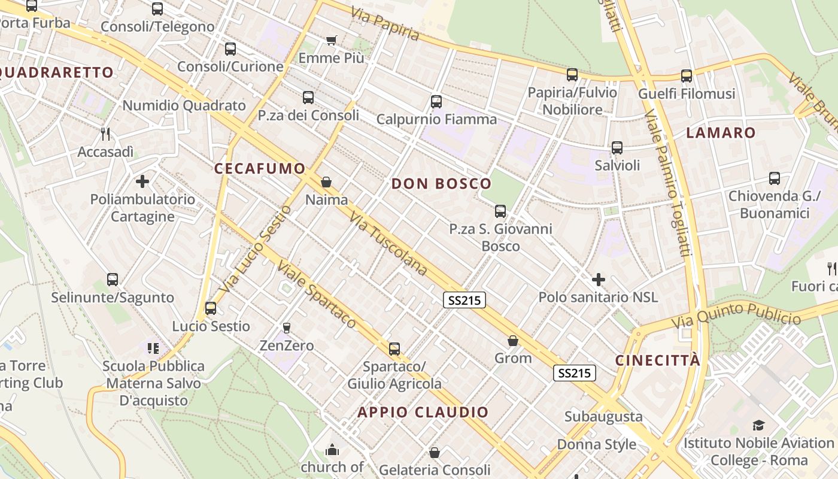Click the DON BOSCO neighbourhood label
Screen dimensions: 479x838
tap(441, 184)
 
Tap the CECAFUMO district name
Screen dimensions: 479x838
tap(260, 169)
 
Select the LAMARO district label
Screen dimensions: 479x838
tap(721, 133)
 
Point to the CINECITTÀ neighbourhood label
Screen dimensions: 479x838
tap(657, 360)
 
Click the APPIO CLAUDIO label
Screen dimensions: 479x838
tap(423, 412)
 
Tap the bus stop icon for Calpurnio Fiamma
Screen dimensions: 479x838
tap(436, 102)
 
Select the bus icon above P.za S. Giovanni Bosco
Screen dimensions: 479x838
tap(500, 211)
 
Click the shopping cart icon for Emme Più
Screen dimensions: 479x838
tap(332, 41)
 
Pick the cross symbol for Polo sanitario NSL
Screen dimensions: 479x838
tap(598, 280)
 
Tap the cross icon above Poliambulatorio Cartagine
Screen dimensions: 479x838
tap(142, 181)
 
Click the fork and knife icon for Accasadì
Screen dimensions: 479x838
tap(105, 134)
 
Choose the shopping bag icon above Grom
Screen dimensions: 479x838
tap(513, 341)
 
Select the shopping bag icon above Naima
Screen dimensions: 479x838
tap(326, 182)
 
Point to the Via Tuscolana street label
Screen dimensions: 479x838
tap(388, 244)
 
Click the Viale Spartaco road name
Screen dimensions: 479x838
tap(317, 296)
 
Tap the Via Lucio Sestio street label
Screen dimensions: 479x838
tap(255, 249)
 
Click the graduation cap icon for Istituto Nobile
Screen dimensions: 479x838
tap(758, 426)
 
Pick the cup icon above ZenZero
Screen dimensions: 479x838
tap(286, 328)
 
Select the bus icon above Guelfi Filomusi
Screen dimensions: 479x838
tap(687, 76)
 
